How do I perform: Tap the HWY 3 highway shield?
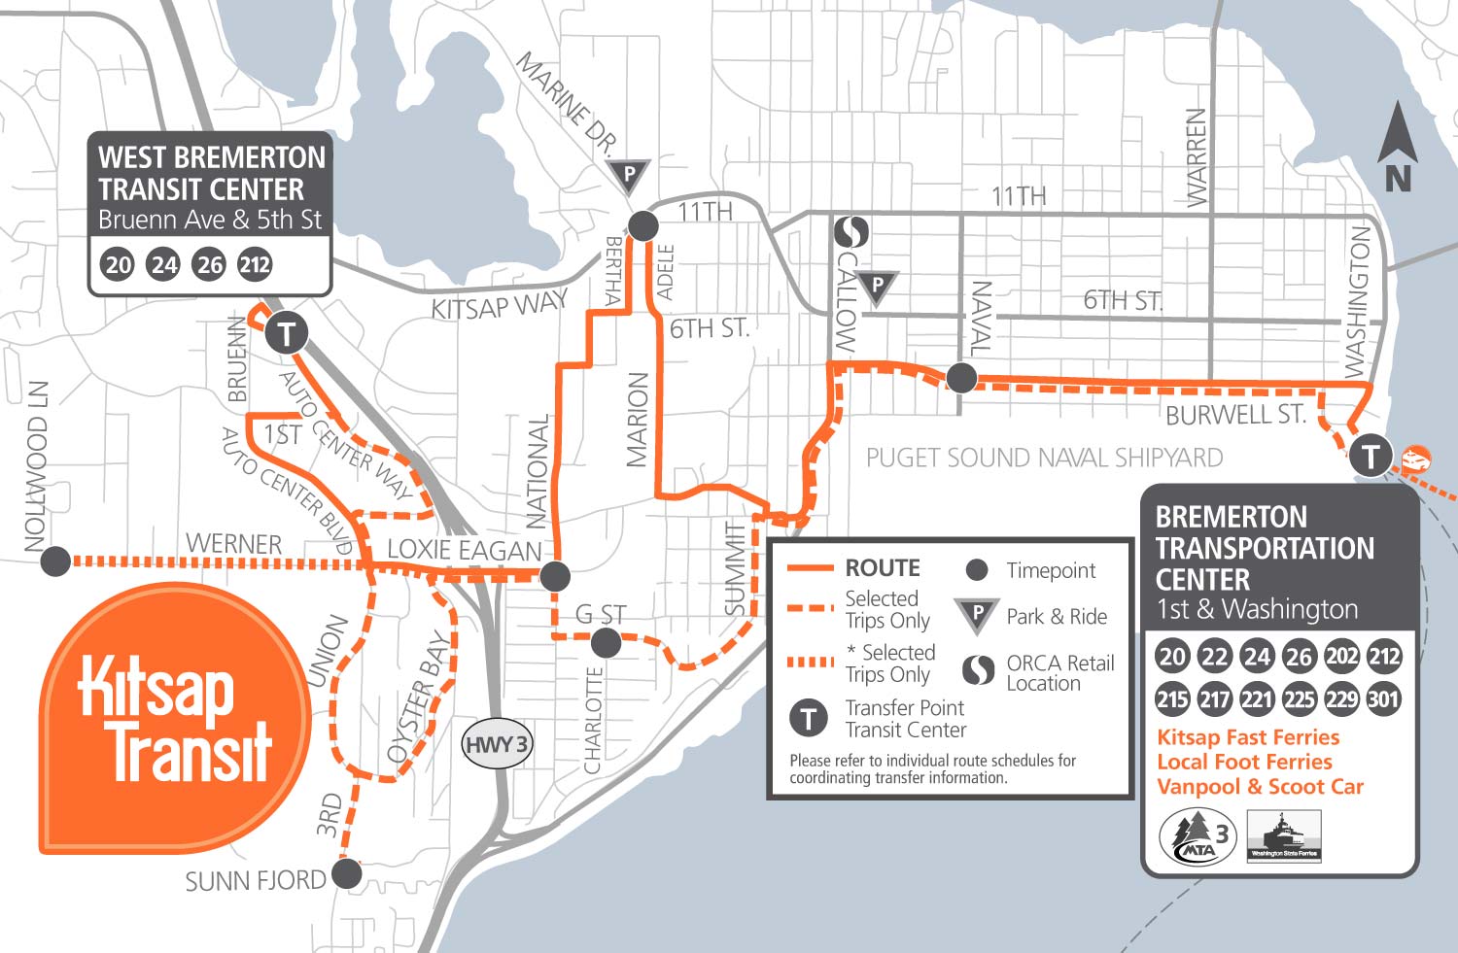pos(496,745)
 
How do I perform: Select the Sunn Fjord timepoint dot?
pos(346,873)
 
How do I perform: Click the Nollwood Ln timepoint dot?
pos(55,561)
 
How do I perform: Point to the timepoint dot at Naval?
pos(961,377)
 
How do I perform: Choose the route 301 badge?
pos(1383,698)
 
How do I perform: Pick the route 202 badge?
pos(1341,657)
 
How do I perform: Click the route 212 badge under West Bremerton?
pos(255,264)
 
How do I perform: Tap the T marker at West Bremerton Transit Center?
pos(286,333)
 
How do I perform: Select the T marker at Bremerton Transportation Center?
pos(1371,455)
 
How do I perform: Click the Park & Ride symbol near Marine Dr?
pos(629,177)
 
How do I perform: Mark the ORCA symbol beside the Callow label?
pos(852,232)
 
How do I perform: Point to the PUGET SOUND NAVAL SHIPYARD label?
pos(1044,458)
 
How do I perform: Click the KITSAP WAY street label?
pos(499,306)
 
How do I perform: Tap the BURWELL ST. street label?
pos(1234,415)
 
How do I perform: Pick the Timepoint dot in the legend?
pos(978,570)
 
